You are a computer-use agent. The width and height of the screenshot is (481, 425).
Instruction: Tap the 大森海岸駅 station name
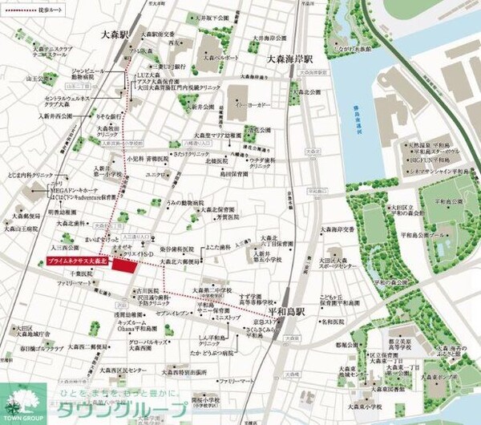[291, 59]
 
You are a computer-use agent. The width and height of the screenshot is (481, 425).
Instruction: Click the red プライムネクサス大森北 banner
[76, 262]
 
